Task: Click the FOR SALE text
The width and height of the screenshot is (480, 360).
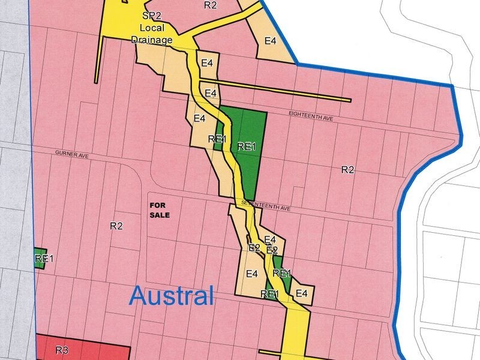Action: (x=160, y=210)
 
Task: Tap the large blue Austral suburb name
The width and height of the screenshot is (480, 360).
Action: (x=172, y=295)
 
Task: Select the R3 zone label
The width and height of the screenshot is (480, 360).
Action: (x=62, y=350)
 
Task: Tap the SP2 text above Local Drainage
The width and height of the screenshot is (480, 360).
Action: (x=152, y=16)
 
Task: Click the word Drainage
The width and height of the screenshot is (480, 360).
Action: (x=152, y=40)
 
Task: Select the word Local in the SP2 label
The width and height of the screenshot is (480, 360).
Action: (x=152, y=28)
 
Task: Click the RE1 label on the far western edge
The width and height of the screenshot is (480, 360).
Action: (x=44, y=259)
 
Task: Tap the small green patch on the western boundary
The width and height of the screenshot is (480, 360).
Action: (x=41, y=259)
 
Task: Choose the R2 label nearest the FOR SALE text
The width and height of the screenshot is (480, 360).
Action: (x=116, y=226)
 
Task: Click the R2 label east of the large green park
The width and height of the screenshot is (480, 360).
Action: (x=348, y=170)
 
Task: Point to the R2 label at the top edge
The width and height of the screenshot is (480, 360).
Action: (x=210, y=5)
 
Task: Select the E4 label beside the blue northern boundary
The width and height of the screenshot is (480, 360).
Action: (x=271, y=41)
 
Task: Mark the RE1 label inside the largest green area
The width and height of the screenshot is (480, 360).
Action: (x=247, y=146)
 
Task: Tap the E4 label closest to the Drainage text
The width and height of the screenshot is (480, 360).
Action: (x=208, y=63)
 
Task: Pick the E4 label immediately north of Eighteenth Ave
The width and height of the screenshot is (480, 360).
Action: (x=211, y=93)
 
